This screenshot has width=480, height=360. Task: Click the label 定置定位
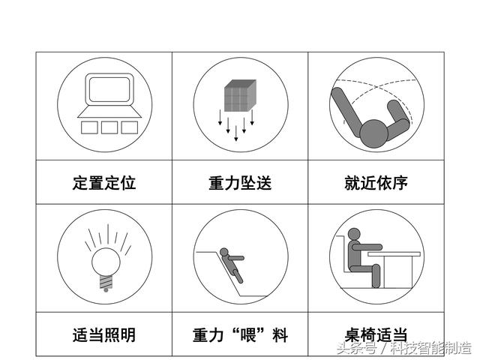pos(104,183)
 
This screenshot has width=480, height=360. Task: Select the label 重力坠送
pos(240,183)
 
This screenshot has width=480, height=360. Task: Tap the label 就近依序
pos(376,183)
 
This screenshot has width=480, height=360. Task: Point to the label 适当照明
pos(104,335)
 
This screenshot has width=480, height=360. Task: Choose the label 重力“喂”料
pos(240,335)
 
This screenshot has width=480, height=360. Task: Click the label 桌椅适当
pos(376,335)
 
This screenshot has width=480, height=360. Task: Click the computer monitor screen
pos(109,89)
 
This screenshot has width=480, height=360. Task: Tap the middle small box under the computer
pos(109,127)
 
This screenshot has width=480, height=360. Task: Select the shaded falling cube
pos(240,95)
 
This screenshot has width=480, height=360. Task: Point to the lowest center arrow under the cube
pos(235,133)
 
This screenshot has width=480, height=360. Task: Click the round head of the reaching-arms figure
pos(373,133)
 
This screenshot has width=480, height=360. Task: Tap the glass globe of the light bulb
pos(106,262)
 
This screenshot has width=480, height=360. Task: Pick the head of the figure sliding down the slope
pos(224,252)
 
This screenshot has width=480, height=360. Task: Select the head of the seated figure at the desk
pos(354,234)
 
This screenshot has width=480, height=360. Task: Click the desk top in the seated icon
pos(394,254)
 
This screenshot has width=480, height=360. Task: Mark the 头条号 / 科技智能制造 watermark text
pos(404,348)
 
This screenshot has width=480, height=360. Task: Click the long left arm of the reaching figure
pos(346,112)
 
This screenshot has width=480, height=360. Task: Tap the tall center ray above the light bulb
pos(108,234)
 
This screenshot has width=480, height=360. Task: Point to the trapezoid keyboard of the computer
pos(109,112)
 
